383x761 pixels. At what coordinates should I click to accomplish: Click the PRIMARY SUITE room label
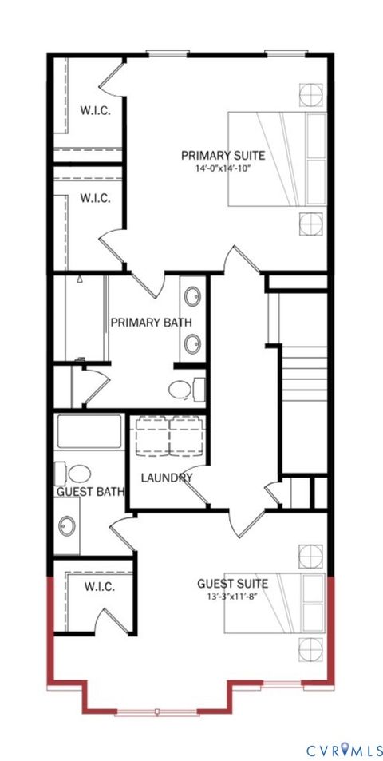(x=223, y=155)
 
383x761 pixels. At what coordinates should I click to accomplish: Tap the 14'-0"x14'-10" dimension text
(x=223, y=168)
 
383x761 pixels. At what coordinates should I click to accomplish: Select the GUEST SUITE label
(x=232, y=584)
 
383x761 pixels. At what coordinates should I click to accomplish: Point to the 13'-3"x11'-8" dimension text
(x=232, y=597)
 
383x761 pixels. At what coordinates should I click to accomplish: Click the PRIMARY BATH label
(x=151, y=323)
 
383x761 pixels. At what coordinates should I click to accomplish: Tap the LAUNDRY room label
(x=166, y=478)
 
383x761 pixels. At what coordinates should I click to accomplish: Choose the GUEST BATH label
(x=90, y=492)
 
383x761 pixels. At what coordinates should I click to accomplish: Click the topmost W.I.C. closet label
(x=95, y=111)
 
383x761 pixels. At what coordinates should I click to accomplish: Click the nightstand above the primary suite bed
(x=310, y=95)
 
